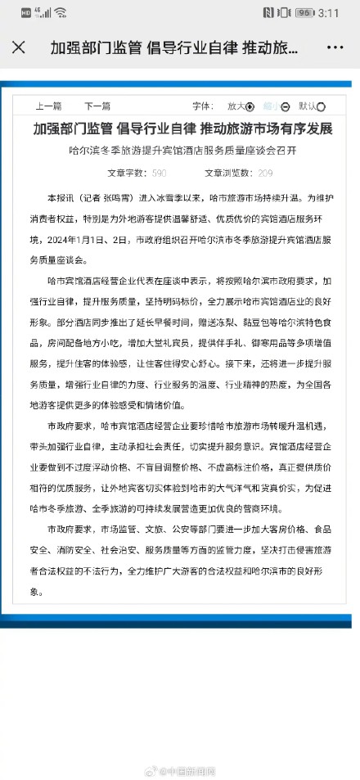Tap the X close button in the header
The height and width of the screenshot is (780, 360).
point(19,47)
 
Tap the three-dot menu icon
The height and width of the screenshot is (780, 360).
point(339,47)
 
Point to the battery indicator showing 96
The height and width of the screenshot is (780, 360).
point(305,13)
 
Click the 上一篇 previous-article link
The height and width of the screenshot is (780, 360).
point(48,106)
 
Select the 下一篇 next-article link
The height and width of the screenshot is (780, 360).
point(97,106)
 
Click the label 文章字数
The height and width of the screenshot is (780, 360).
point(127,173)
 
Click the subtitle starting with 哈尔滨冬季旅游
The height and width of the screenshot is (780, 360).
point(180,150)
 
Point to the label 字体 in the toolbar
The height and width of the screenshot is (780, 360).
point(201,106)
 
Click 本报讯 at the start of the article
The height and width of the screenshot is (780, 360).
point(61,198)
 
